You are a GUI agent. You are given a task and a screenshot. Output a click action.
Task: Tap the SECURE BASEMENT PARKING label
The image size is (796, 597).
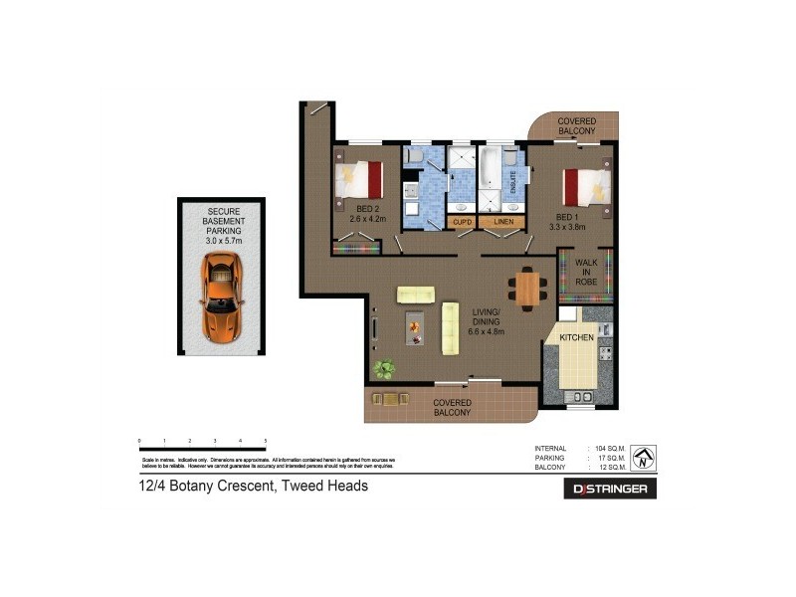point(223,226)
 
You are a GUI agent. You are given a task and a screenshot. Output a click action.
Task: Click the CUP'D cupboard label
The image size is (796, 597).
point(461,222)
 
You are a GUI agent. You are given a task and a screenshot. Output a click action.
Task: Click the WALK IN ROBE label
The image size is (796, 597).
point(586,272)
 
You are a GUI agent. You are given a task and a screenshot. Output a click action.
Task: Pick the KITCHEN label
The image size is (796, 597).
point(576,338)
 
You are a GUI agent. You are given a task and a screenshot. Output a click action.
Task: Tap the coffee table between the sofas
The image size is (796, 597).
point(413,327)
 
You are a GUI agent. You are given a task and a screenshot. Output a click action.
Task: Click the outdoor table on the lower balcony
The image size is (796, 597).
point(390,399)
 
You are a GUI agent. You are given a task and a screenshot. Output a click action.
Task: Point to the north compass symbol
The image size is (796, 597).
point(644,456)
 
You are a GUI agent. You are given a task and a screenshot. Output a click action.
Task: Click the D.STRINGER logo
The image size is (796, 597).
point(610,489)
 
